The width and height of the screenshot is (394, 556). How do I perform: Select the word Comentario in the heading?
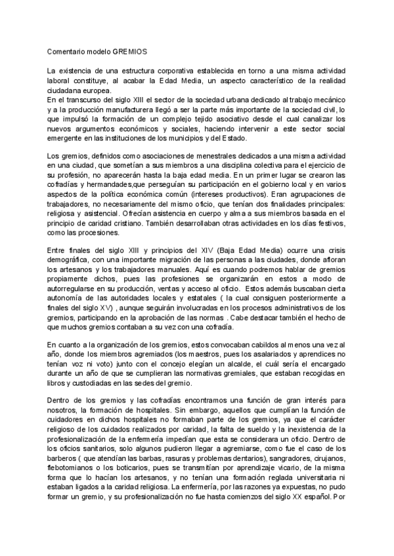click(x=69, y=50)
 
